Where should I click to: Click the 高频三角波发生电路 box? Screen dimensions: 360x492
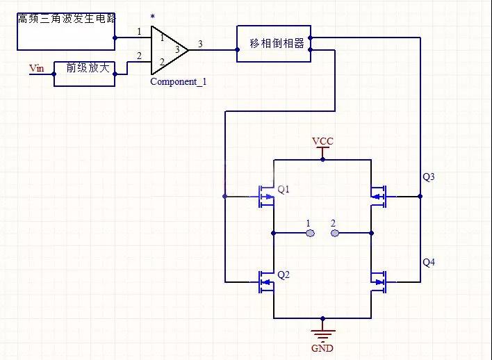[x=66, y=31]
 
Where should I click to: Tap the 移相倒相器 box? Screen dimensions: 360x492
[x=274, y=43]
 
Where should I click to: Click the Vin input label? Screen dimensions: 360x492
[x=36, y=67]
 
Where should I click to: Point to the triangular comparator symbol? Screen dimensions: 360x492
[x=167, y=49]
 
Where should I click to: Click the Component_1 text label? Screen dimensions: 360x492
[x=179, y=82]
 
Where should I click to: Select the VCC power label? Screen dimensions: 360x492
[x=322, y=141]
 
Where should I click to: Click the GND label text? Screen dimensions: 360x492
[x=322, y=347]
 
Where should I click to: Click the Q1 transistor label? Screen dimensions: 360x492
[x=283, y=189]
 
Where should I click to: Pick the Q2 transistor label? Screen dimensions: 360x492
[x=283, y=275]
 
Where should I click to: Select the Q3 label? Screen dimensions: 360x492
[x=429, y=177]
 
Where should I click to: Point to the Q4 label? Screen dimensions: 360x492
[x=429, y=262]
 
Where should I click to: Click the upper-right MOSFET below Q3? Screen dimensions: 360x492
[x=379, y=197]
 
